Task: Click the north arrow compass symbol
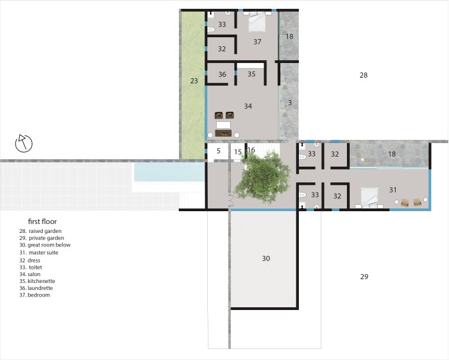coord(24,143)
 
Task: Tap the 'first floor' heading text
coord(42,221)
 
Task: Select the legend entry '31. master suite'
coord(38,253)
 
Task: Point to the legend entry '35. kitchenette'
coord(37,281)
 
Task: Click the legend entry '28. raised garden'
coord(40,231)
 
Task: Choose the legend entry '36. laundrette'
coord(36,288)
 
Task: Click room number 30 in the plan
coord(266,259)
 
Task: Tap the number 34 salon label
coord(248,106)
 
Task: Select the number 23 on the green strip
coord(194,81)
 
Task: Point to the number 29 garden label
coord(364,277)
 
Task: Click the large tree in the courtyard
coord(262,177)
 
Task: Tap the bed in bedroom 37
coord(257,22)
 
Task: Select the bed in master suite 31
coord(369,197)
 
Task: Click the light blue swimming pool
coord(169,172)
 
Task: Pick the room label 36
coord(222,74)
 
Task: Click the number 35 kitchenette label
coord(251,74)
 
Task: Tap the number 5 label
coord(219,151)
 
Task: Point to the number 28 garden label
coord(364,75)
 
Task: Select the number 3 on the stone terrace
coord(290,103)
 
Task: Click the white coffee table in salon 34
coord(223,125)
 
